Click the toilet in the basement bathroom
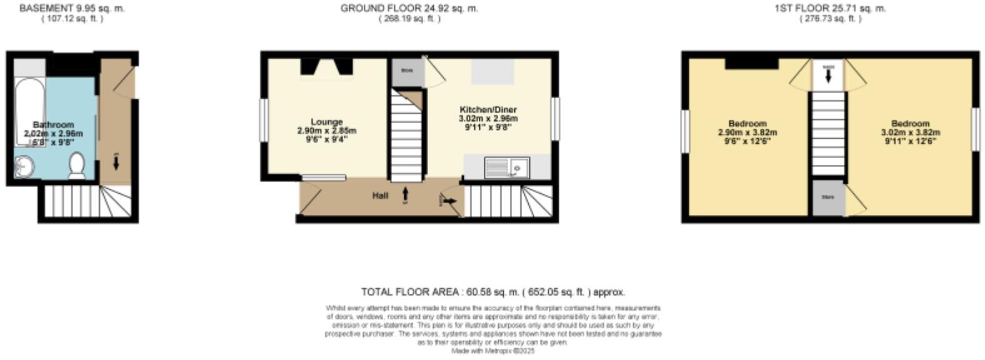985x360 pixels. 77,166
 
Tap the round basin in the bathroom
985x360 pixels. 25,167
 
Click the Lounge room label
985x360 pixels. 327,122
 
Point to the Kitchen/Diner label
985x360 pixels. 488,110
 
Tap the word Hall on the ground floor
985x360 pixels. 380,196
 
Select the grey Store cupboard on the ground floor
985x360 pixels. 407,71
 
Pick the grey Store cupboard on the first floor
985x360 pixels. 828,197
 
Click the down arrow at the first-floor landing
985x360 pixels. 829,75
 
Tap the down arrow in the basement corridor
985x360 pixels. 116,162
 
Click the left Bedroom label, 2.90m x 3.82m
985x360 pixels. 747,124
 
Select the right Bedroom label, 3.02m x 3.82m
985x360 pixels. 911,124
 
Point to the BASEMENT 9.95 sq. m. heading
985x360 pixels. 72,9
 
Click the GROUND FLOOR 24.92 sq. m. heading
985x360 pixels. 409,9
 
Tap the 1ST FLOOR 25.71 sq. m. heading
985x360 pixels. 830,9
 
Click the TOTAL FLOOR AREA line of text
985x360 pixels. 492,292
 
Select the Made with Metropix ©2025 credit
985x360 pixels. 492,351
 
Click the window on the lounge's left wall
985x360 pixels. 264,120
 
